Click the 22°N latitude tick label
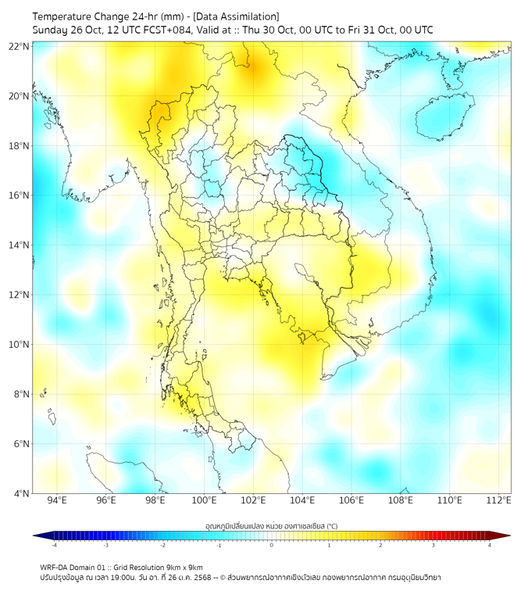(x=20, y=46)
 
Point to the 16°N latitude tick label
(x=20, y=195)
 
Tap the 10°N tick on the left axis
(x=20, y=345)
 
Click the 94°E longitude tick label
(x=57, y=500)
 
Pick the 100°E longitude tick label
(x=204, y=500)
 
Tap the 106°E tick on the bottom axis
(x=351, y=500)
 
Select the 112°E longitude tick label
(x=499, y=500)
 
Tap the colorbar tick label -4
(x=54, y=545)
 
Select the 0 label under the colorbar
(x=272, y=545)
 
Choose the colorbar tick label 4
(x=489, y=545)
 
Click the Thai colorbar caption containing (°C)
(x=271, y=525)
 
